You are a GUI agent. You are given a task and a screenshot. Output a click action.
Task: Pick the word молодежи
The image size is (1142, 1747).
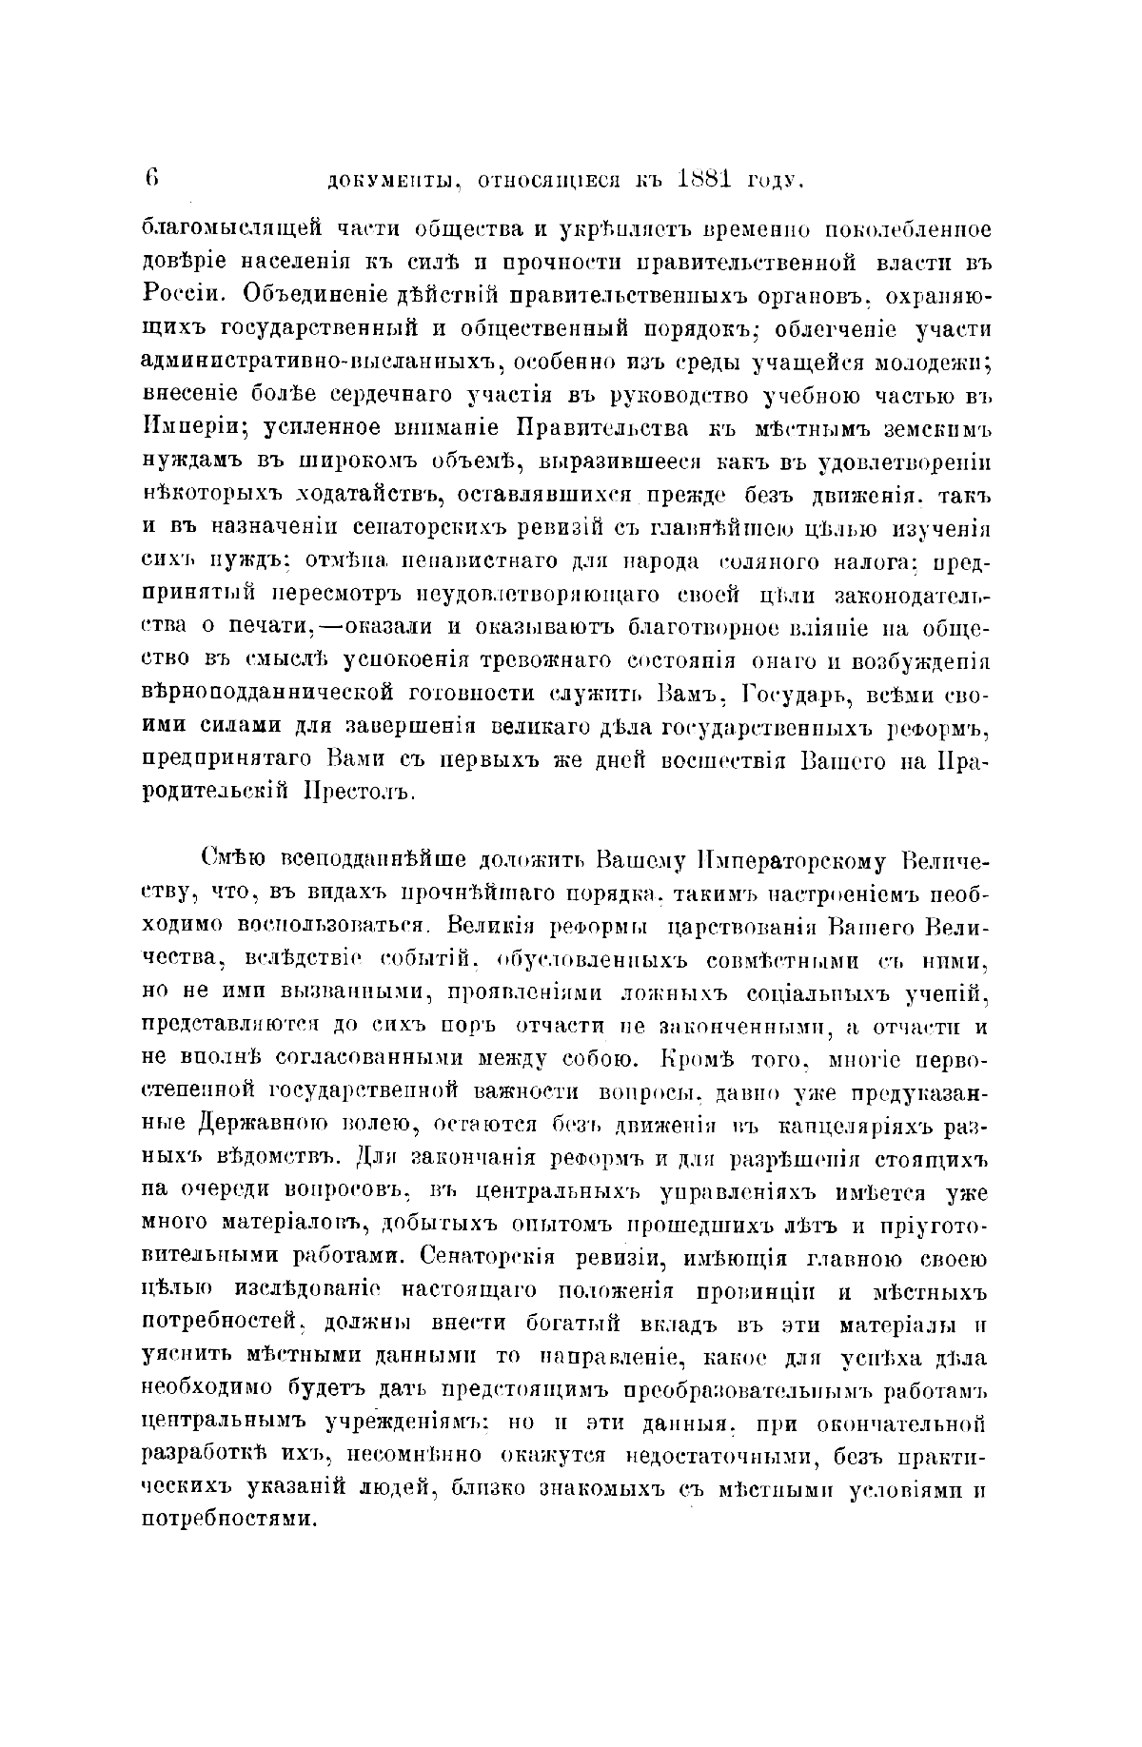(934, 362)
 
